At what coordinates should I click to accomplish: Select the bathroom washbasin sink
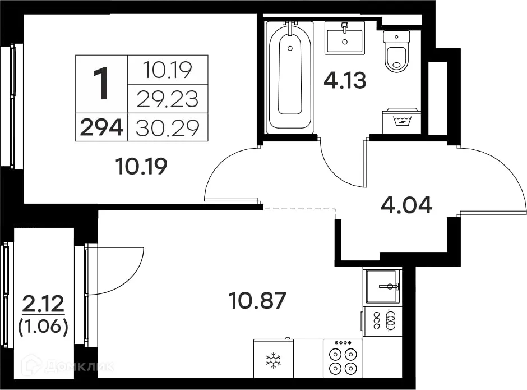(345, 38)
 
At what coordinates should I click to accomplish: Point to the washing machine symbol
(401, 121)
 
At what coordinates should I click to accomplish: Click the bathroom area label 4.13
(345, 81)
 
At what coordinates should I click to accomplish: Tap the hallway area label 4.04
(406, 205)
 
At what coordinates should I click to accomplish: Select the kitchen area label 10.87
(258, 301)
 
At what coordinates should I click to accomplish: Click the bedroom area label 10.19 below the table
(141, 166)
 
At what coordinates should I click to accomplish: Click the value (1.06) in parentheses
(43, 327)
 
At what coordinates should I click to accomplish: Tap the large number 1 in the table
(101, 84)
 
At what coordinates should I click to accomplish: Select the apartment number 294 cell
(101, 128)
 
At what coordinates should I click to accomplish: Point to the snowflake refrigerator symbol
(273, 360)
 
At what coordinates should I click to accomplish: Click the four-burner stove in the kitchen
(343, 360)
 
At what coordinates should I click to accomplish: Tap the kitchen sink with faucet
(382, 286)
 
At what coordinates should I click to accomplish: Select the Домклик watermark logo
(67, 366)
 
